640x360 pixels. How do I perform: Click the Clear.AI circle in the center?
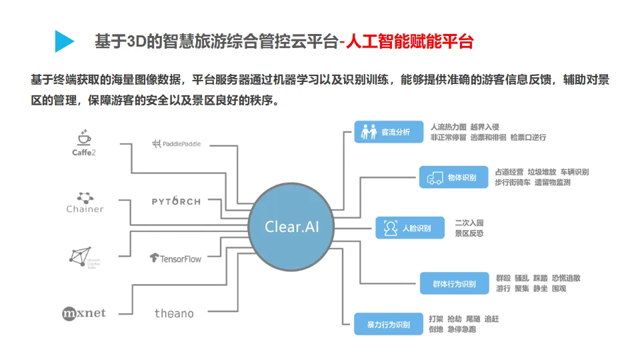click(292, 226)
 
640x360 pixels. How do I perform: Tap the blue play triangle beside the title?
click(64, 41)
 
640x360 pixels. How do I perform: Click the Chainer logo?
click(85, 202)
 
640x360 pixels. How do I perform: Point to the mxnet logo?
click(84, 313)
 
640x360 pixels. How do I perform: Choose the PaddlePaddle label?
click(176, 143)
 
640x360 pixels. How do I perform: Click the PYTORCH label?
click(176, 201)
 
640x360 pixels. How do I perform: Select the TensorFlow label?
click(175, 258)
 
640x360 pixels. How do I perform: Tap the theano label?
click(174, 313)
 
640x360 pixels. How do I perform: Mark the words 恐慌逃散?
click(567, 278)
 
